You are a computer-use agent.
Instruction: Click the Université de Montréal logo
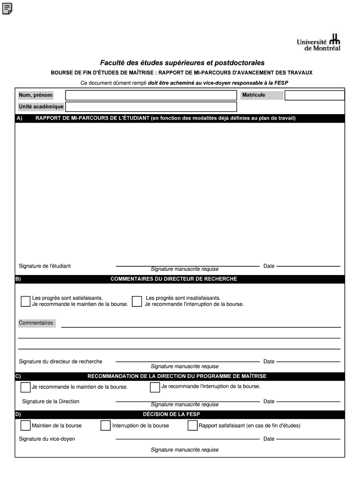point(318,43)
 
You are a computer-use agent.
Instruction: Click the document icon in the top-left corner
point(7,8)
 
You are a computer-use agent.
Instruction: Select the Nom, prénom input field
point(151,95)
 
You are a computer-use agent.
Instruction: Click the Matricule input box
point(314,95)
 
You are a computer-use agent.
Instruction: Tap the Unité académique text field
point(151,107)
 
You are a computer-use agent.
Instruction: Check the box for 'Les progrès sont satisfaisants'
point(26,301)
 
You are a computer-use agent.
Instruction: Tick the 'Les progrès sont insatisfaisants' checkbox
point(137,301)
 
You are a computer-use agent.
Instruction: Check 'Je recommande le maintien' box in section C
point(26,387)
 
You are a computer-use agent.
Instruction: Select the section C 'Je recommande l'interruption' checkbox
point(155,387)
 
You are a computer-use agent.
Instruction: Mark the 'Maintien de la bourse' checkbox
point(26,426)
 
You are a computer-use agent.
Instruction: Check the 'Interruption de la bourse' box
point(105,426)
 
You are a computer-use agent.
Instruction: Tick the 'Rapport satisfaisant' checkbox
point(192,426)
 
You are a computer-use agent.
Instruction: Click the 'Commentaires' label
point(36,323)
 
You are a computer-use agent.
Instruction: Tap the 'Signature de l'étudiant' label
point(44,266)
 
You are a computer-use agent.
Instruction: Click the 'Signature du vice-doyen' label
point(47,439)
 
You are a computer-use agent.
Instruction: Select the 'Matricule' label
point(253,95)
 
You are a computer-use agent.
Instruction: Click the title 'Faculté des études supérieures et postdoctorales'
point(182,63)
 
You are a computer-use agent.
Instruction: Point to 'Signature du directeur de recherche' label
point(60,362)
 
